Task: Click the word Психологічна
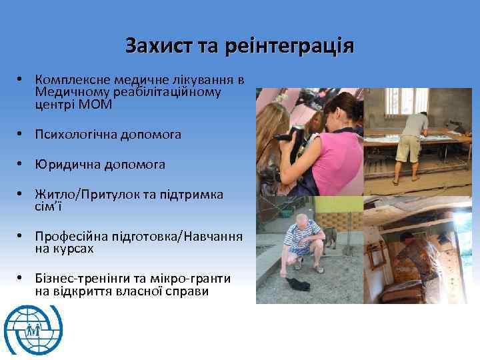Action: click(77, 135)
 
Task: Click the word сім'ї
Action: click(49, 206)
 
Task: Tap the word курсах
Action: click(74, 249)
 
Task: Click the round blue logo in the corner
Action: click(33, 329)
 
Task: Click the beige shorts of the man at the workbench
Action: click(407, 148)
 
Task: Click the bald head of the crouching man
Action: click(302, 219)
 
